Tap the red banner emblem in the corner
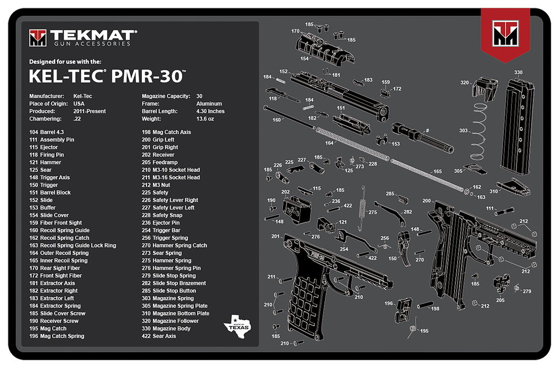pos(505,35)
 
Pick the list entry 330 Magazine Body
pos(166,329)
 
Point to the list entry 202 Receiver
pos(158,155)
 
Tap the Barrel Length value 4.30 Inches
pos(210,111)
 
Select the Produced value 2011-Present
pos(89,111)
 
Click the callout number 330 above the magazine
pos(518,73)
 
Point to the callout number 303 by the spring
pos(463,130)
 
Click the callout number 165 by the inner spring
pos(437,171)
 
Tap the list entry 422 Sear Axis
pos(159,336)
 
